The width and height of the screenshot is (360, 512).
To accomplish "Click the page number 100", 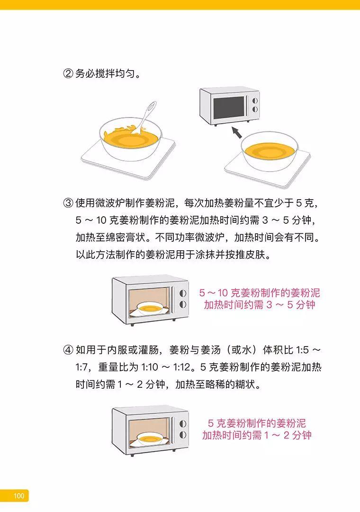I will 19,496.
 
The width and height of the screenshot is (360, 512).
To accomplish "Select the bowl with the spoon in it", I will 130,140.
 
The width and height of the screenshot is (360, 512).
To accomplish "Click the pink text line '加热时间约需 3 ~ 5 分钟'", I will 259,305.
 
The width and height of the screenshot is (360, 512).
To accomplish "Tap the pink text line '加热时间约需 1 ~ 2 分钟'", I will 257,435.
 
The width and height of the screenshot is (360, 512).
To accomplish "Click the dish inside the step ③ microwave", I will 150,309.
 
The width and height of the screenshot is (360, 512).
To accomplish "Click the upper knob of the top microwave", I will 254,101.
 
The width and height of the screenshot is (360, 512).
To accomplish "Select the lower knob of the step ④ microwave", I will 183,434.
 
